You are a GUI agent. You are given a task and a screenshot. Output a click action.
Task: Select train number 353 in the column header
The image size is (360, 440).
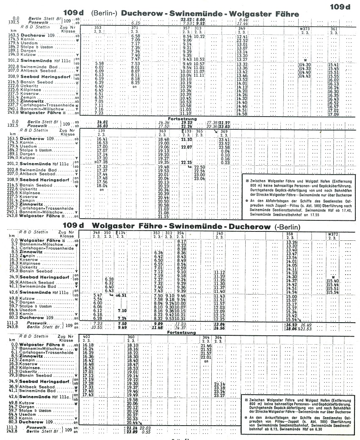click(99, 28)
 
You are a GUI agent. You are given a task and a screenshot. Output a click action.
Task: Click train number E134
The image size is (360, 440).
click(122, 233)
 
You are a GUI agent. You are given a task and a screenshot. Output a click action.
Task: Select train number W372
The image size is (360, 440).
click(333, 233)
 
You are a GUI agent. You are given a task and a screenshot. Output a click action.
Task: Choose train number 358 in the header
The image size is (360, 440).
click(290, 233)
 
